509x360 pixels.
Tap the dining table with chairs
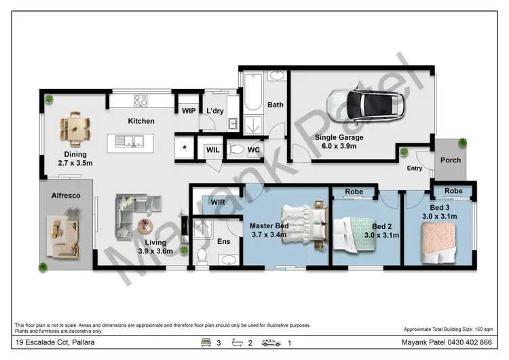(74, 128)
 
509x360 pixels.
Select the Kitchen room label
(141, 121)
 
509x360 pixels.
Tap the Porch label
(451, 160)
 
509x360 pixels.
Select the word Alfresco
(67, 196)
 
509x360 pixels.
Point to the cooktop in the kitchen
(141, 101)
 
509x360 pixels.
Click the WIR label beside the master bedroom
(218, 202)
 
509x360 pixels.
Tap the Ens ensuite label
(223, 240)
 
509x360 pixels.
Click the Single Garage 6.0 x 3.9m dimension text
(339, 141)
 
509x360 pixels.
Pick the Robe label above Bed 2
(354, 192)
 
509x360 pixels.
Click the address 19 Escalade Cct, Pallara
(54, 343)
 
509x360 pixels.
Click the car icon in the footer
(271, 343)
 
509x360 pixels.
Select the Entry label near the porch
(415, 168)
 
